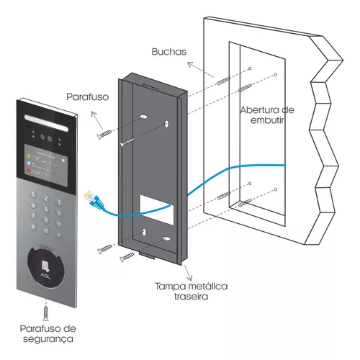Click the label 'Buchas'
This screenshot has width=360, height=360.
[x=169, y=52]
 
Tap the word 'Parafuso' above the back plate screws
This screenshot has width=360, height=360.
[x=87, y=97]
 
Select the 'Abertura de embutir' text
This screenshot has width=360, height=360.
[x=267, y=115]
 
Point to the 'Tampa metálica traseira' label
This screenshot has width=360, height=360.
[x=191, y=292]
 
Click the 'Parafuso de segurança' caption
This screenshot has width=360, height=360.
[x=48, y=333]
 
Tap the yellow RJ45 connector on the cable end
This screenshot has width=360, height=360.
[x=88, y=195]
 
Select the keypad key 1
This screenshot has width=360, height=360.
[x=34, y=194]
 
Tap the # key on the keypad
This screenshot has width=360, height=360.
[x=59, y=234]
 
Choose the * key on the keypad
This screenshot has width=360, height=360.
[x=34, y=227]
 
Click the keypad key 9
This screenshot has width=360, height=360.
[x=59, y=224]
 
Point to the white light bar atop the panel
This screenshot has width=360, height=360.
[x=46, y=123]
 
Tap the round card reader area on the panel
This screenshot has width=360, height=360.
[x=46, y=267]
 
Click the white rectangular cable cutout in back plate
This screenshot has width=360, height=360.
[x=157, y=210]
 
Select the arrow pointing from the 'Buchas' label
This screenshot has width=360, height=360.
[x=200, y=70]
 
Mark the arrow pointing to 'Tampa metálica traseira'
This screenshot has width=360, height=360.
[x=188, y=273]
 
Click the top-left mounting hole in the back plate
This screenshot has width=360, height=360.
[x=143, y=117]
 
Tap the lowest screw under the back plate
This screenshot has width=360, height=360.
[x=127, y=256]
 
